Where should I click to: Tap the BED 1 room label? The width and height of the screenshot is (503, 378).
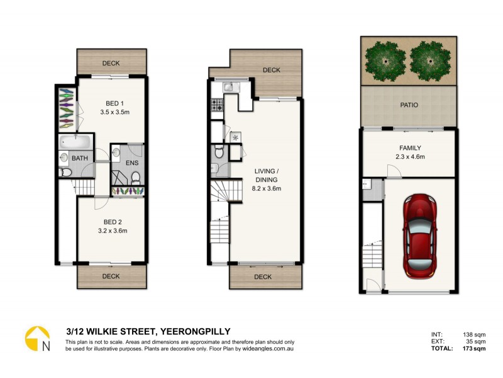pyautogui.click(x=113, y=103)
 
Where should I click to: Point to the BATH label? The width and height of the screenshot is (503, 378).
pyautogui.click(x=80, y=159)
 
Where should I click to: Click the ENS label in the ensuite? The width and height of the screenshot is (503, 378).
pyautogui.click(x=132, y=164)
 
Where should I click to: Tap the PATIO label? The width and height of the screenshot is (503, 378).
pyautogui.click(x=408, y=105)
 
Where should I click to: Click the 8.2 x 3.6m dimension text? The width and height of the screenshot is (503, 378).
pyautogui.click(x=267, y=188)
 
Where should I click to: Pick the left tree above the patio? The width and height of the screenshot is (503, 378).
pyautogui.click(x=384, y=60)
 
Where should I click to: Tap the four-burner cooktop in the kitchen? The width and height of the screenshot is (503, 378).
pyautogui.click(x=218, y=106)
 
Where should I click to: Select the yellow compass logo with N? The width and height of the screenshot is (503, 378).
pyautogui.click(x=37, y=339)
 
